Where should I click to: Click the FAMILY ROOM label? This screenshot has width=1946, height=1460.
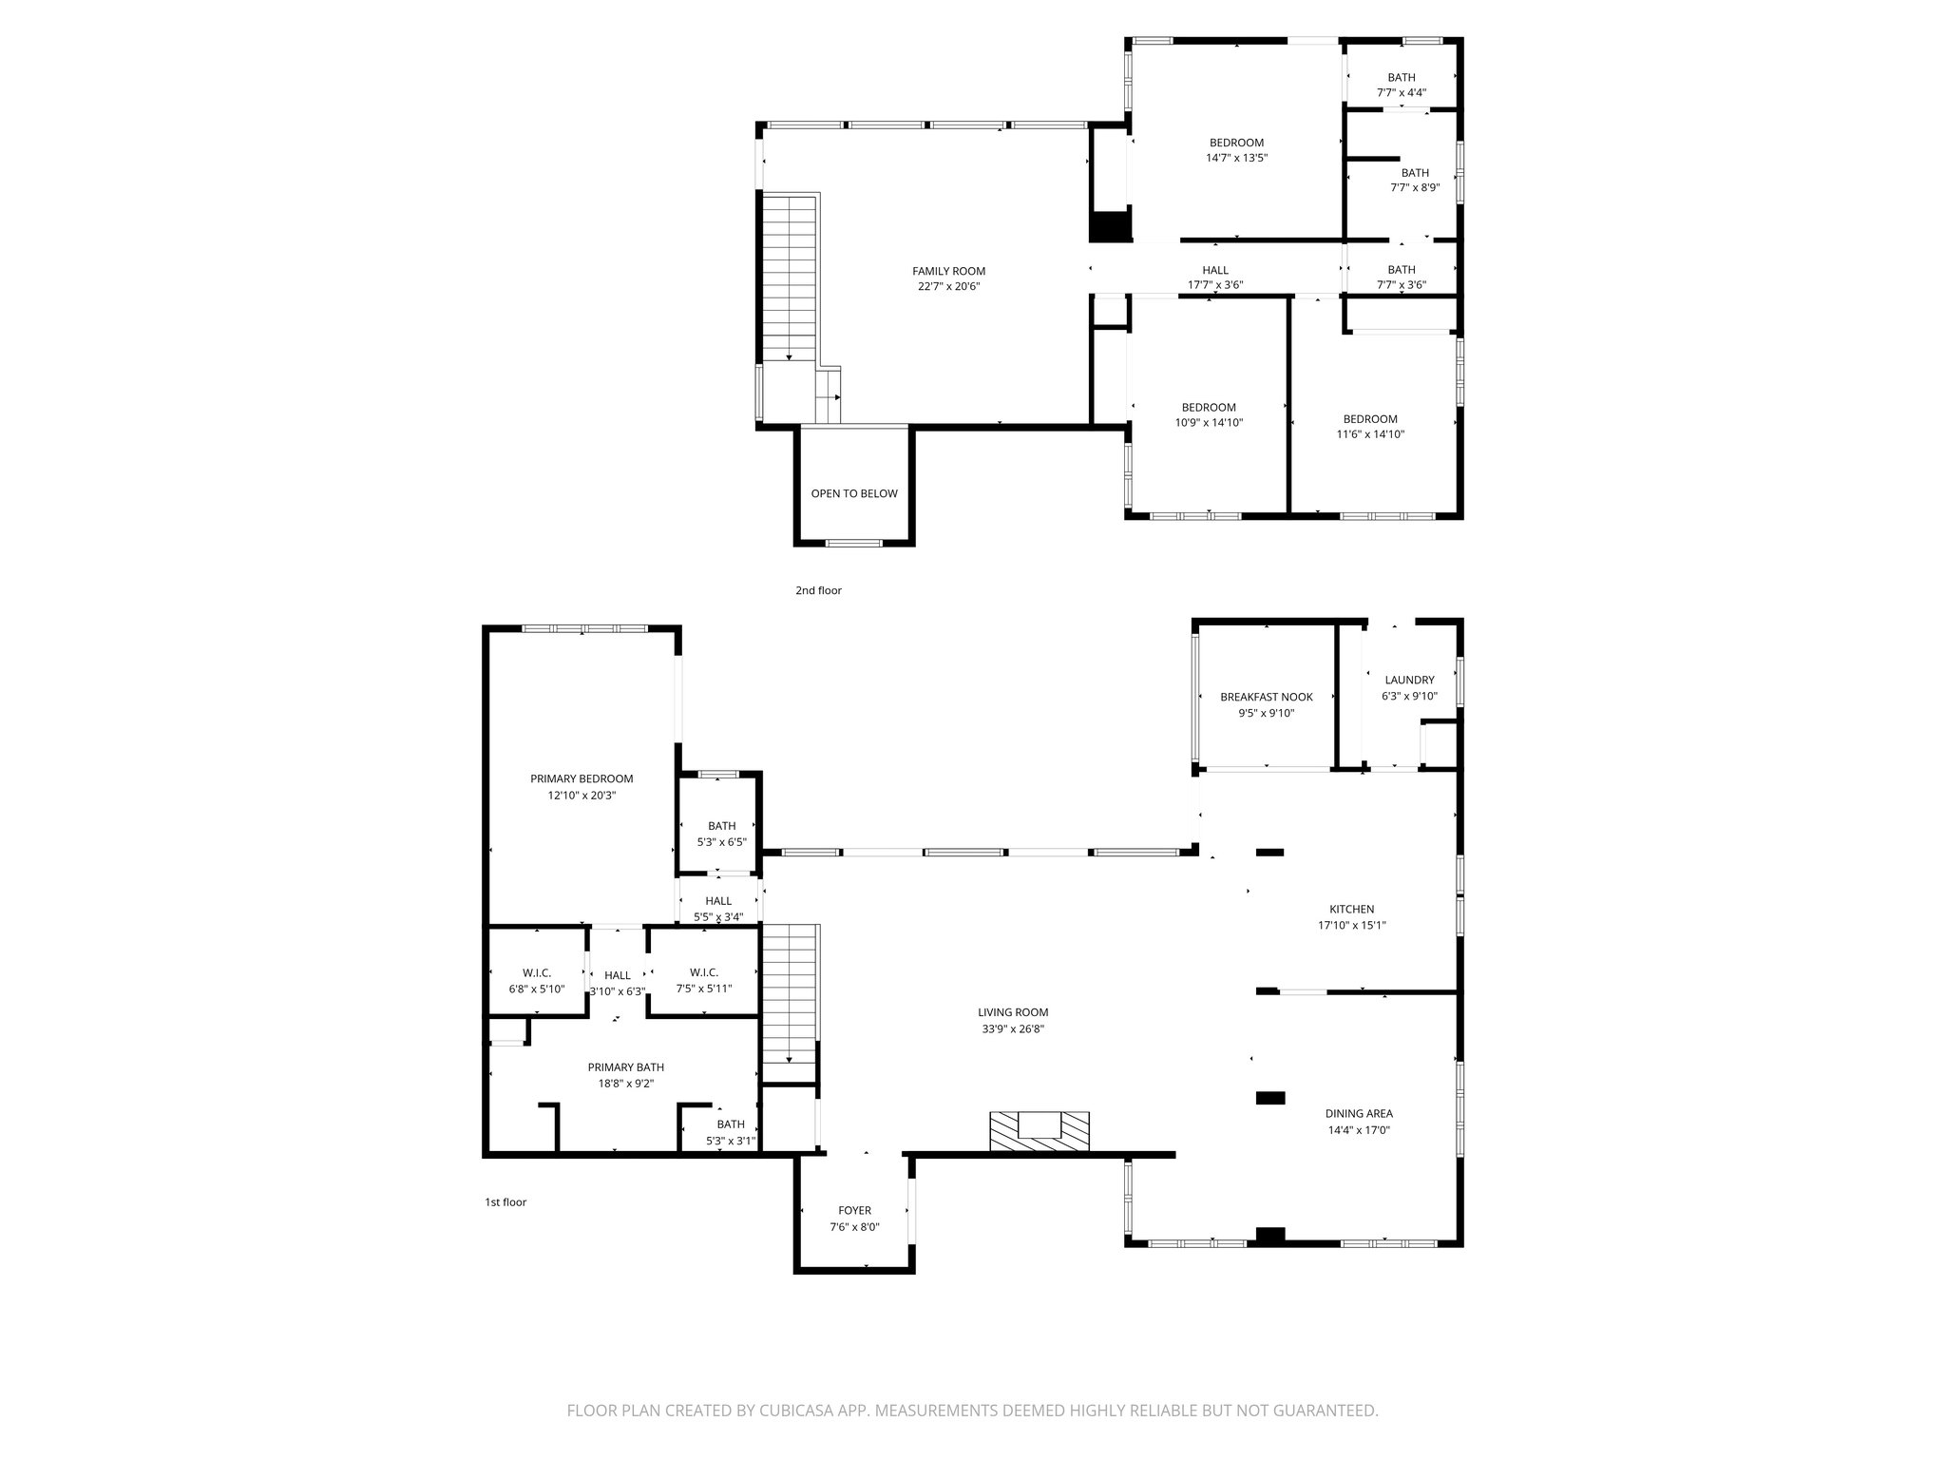948,271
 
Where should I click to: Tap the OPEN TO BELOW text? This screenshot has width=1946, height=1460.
853,493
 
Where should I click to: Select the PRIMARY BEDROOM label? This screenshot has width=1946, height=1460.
582,778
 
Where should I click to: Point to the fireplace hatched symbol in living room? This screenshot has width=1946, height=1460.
1039,1131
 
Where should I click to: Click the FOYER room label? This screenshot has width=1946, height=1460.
854,1210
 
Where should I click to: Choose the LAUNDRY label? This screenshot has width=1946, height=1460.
1409,680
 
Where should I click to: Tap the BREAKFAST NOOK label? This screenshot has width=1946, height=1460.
1266,697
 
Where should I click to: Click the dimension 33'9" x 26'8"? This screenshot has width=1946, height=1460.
1013,1028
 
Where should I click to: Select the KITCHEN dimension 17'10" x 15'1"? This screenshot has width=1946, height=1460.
1351,925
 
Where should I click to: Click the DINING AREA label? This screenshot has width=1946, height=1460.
1359,1113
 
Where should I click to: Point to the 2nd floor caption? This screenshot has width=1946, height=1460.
818,590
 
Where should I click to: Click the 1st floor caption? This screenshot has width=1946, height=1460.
505,1202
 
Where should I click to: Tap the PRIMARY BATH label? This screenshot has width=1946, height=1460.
625,1067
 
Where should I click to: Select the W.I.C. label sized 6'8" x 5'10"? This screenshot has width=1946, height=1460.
537,972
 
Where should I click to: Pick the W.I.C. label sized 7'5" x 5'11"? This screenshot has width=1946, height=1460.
703,972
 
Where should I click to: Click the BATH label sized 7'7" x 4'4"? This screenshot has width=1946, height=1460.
1401,78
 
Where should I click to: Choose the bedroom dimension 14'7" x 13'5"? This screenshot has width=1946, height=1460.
1236,159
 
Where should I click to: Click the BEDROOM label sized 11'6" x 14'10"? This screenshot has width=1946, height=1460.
1369,419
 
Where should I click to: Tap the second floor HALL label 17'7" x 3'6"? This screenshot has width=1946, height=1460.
1214,270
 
